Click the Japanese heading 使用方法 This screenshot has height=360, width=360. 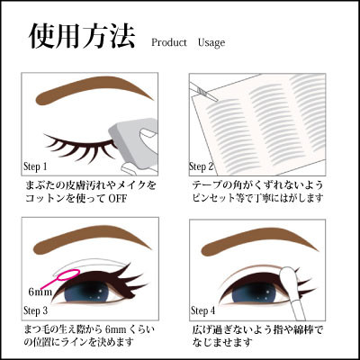pyautogui.click(x=82, y=37)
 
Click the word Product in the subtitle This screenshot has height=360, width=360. pyautogui.click(x=169, y=42)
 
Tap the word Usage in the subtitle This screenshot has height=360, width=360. pyautogui.click(x=211, y=43)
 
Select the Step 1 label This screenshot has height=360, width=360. pyautogui.click(x=35, y=167)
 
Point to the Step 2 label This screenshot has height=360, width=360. pyautogui.click(x=202, y=166)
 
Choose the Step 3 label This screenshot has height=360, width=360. pyautogui.click(x=35, y=310)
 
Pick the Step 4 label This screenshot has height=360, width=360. pyautogui.click(x=203, y=310)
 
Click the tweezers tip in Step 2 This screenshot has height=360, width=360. pyautogui.click(x=214, y=97)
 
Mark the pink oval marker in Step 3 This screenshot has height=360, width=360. pyautogui.click(x=69, y=274)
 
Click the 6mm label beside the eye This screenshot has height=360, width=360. pyautogui.click(x=40, y=292)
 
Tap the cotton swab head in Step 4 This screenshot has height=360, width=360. pyautogui.click(x=285, y=275)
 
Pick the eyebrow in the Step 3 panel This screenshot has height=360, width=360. pyautogui.click(x=93, y=239)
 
